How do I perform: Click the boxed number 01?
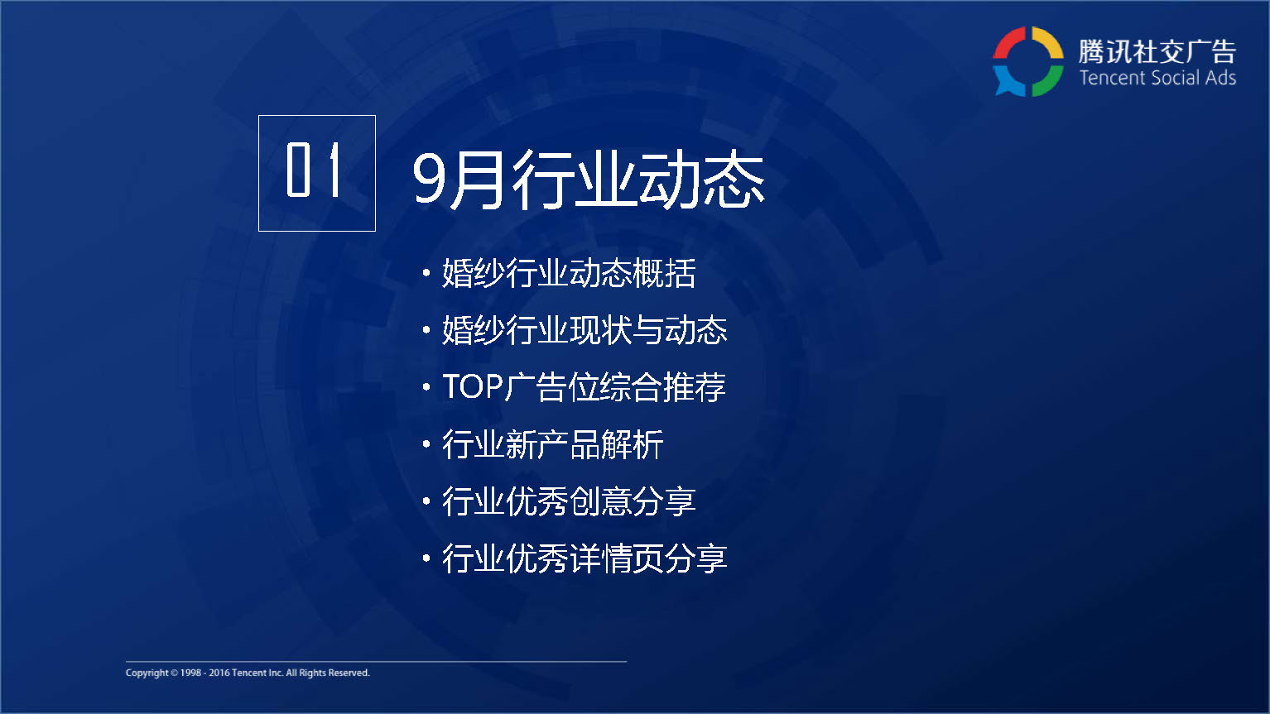(314, 170)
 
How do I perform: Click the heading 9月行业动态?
(589, 180)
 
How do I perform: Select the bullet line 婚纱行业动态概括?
(569, 273)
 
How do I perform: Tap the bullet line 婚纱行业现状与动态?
(584, 330)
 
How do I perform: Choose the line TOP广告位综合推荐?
(584, 387)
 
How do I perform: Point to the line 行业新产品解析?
(553, 444)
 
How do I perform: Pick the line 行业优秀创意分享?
(569, 501)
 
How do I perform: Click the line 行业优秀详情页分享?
(584, 558)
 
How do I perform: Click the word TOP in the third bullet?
(472, 387)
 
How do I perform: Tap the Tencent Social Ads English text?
(1157, 78)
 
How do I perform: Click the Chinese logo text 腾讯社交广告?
(1157, 51)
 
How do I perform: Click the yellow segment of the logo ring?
(1049, 41)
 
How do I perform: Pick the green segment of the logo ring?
(1049, 80)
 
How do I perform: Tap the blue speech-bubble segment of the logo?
(1008, 80)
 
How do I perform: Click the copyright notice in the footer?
(248, 673)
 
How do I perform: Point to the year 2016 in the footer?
(219, 673)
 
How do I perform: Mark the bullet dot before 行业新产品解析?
(426, 443)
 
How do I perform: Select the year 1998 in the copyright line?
(190, 673)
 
